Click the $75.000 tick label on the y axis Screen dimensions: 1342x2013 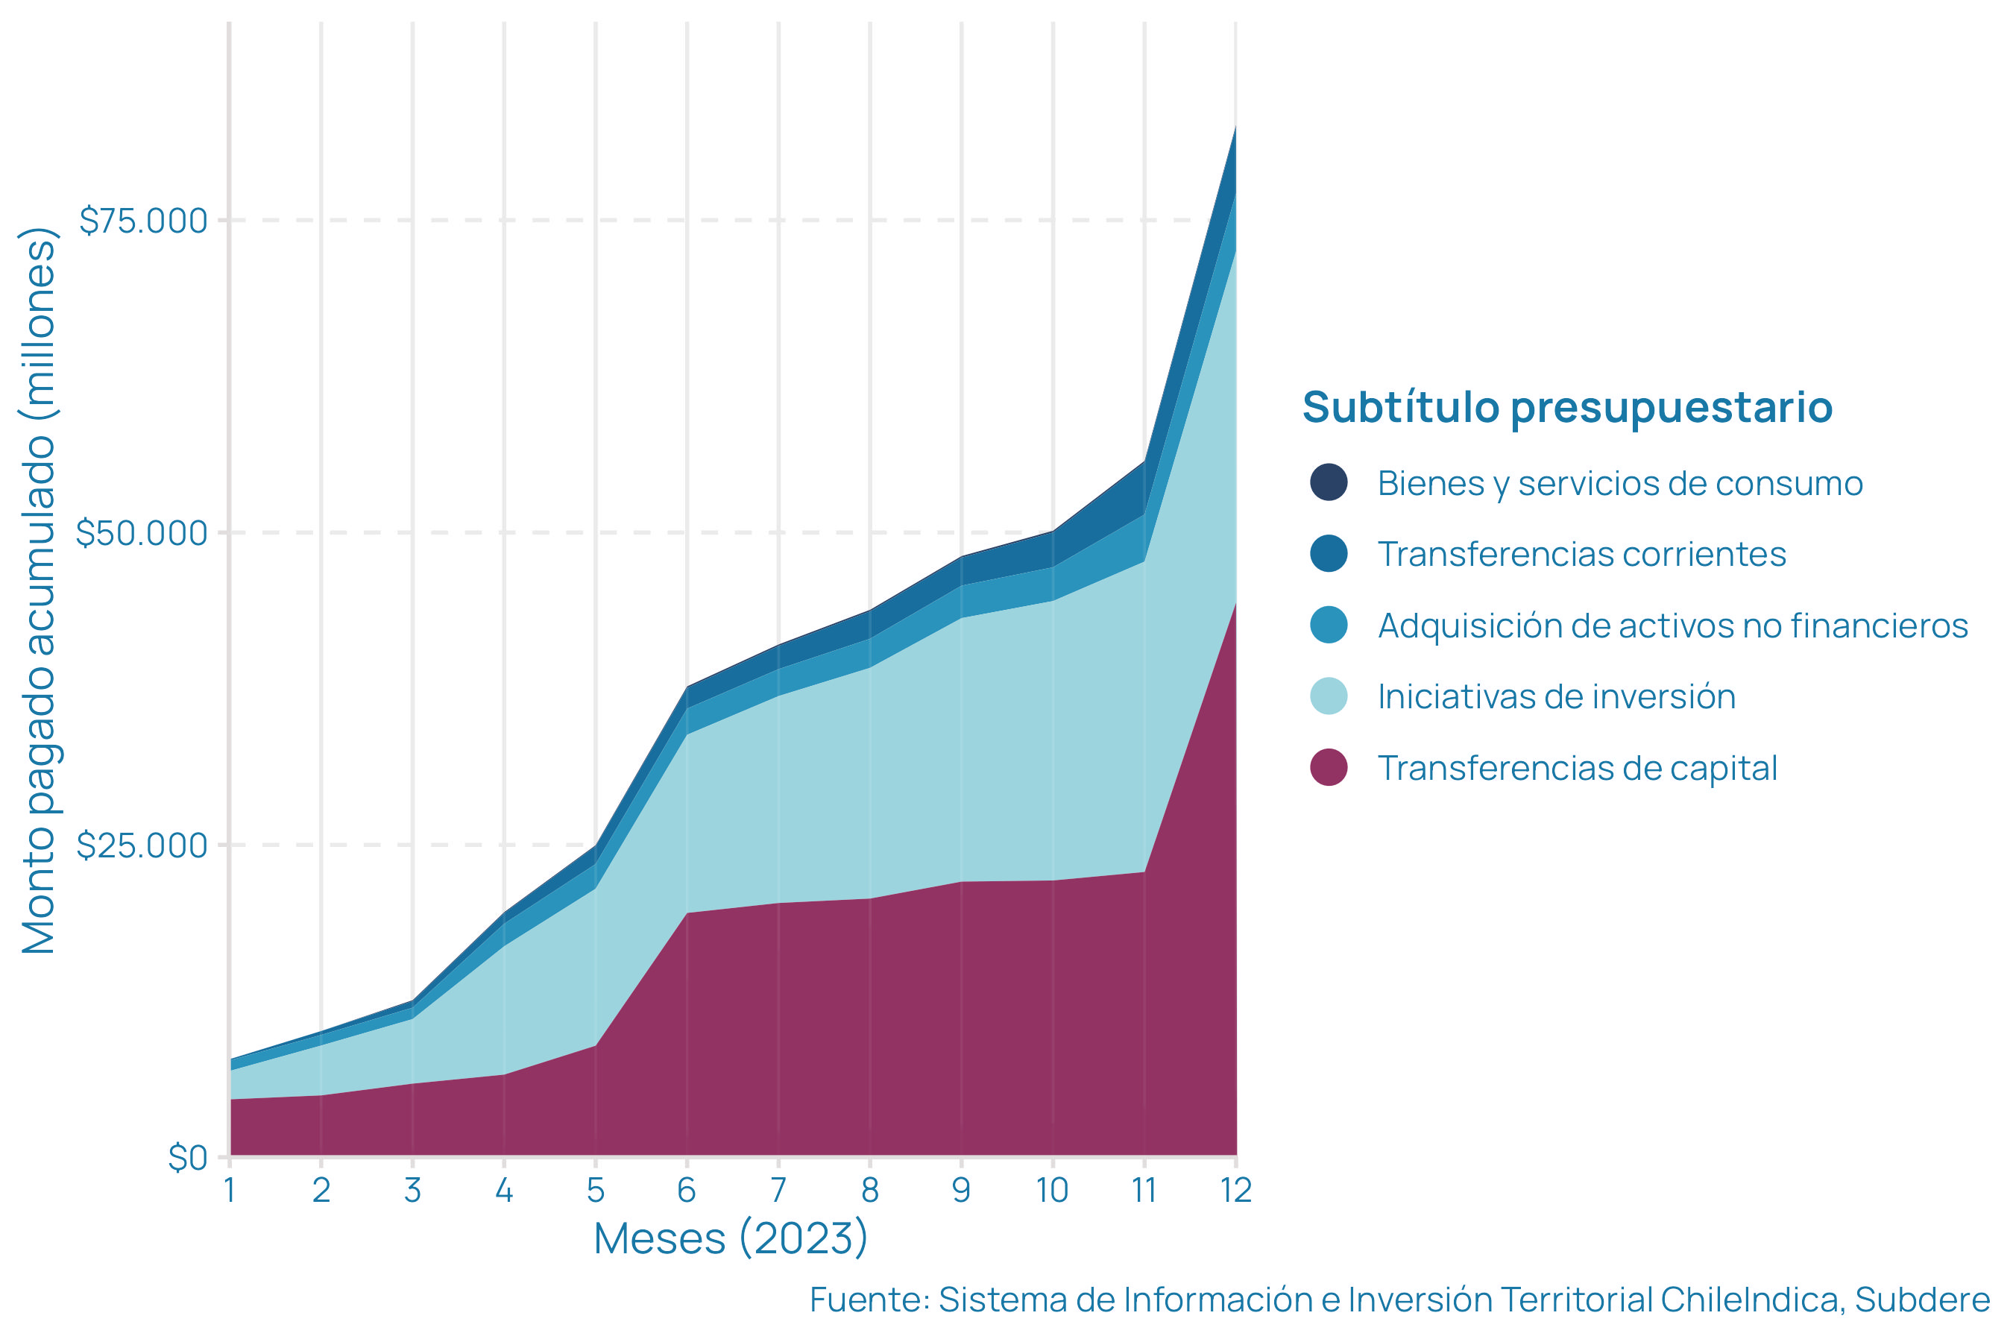143,221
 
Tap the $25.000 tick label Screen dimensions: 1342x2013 142,845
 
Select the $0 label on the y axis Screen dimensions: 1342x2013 187,1158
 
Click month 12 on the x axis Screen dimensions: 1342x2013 1235,1191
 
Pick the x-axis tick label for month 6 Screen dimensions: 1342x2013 687,1191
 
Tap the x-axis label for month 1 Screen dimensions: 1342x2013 230,1191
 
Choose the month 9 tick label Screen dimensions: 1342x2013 961,1191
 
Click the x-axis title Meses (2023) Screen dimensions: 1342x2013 731,1238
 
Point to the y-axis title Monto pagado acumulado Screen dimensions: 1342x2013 39,590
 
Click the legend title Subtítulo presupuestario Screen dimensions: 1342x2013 1567,406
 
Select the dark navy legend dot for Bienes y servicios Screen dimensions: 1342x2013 1329,482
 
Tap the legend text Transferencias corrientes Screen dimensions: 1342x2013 1581,554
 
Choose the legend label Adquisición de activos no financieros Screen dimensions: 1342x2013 1672,626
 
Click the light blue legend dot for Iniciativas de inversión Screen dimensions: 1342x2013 1329,696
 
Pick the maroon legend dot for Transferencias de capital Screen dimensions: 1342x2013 1329,767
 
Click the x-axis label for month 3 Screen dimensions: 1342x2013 412,1191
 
